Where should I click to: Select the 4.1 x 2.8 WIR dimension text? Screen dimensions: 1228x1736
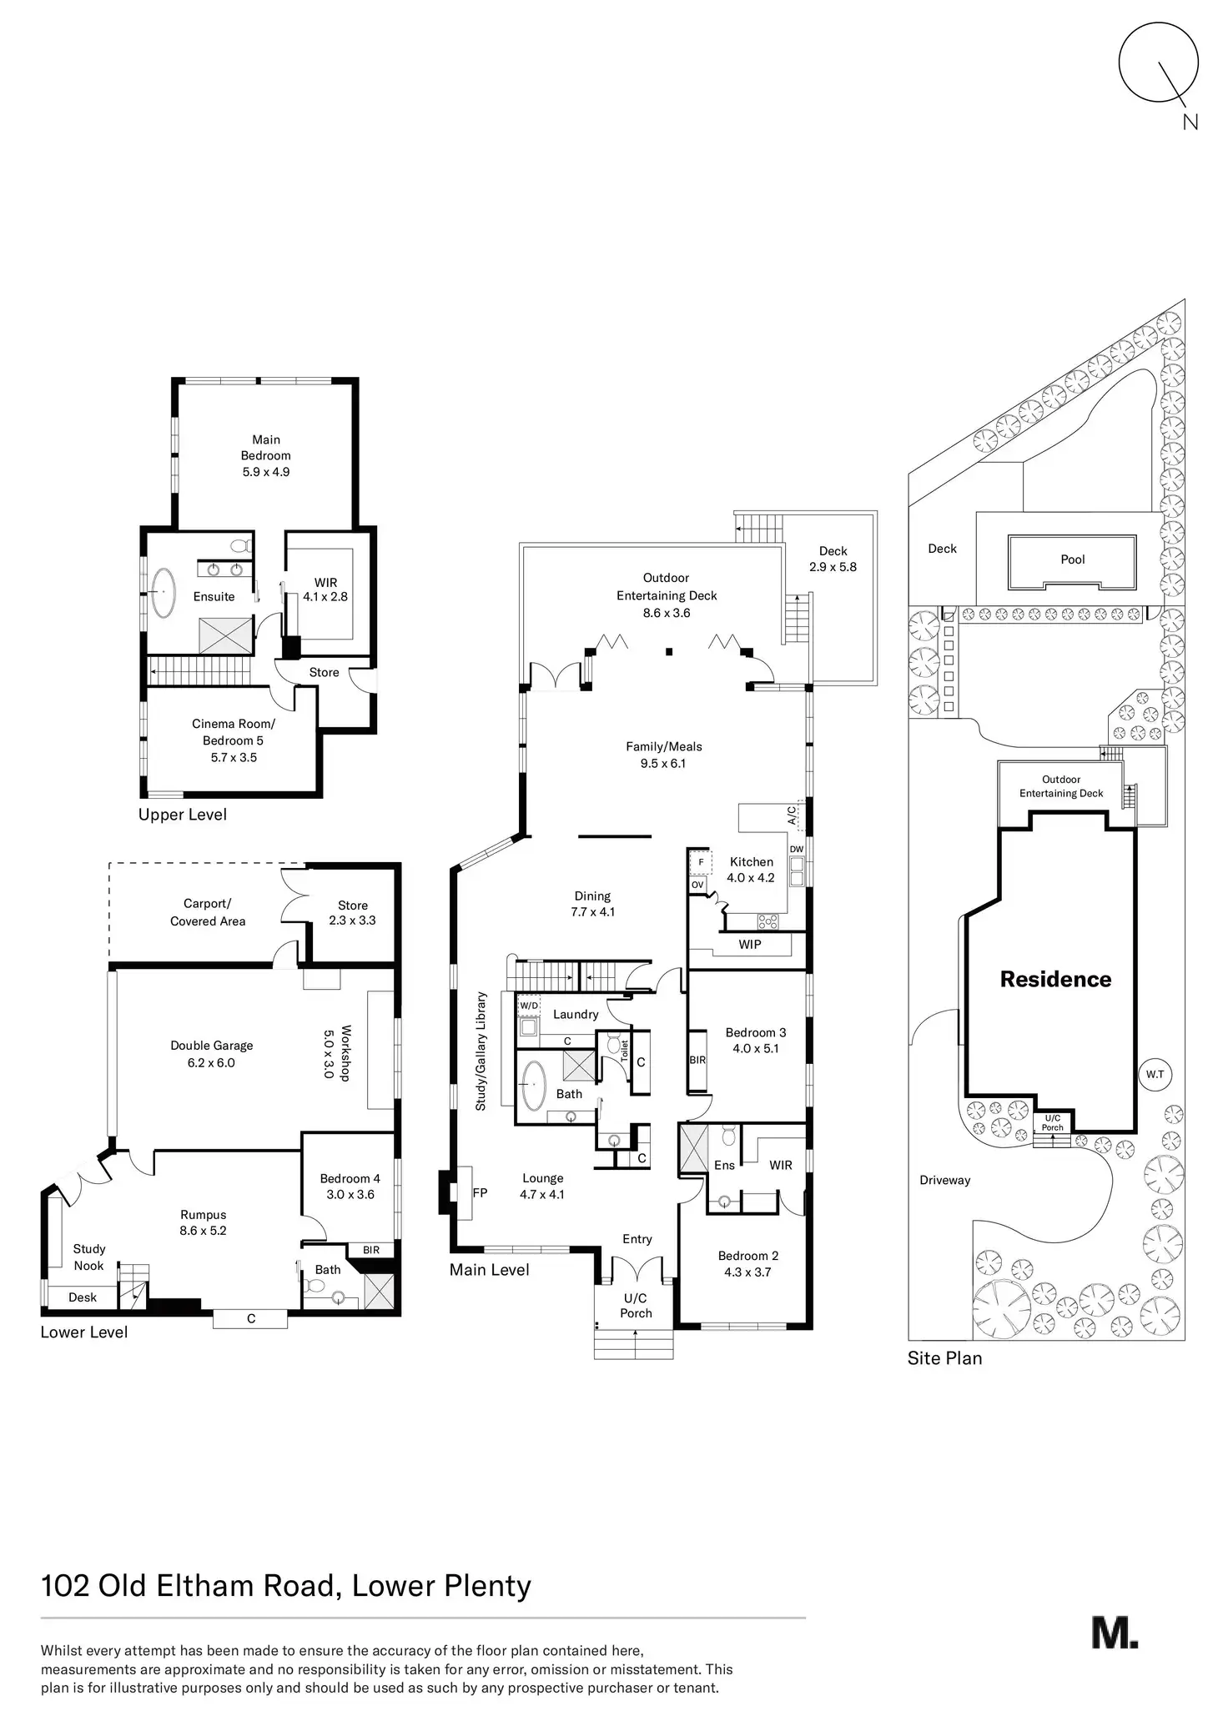pos(325,597)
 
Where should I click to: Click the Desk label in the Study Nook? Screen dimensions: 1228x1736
pos(83,1297)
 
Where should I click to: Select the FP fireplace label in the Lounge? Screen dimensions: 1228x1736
pos(480,1192)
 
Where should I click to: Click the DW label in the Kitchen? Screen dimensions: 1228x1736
pos(796,850)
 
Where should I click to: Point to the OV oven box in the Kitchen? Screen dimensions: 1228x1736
pos(697,884)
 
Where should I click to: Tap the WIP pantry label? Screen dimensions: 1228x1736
pos(749,945)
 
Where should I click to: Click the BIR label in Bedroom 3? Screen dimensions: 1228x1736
pos(697,1060)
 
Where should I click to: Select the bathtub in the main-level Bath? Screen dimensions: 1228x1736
pos(533,1083)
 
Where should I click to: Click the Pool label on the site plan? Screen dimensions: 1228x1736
pos(1072,559)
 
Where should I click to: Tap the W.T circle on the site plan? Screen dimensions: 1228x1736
pos(1155,1074)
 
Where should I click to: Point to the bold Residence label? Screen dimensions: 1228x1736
pos(1055,979)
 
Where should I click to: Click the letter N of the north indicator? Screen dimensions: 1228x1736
pos(1190,122)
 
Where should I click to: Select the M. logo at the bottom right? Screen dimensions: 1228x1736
pos(1115,1632)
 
